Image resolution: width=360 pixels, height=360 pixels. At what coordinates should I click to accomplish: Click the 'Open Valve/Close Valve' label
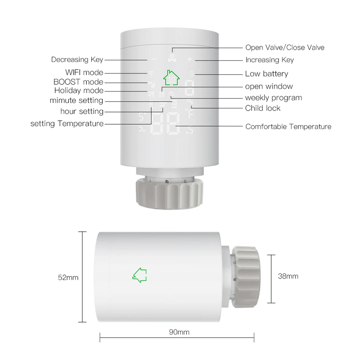tap(284, 47)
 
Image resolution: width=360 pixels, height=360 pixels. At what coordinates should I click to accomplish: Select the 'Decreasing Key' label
tap(77, 59)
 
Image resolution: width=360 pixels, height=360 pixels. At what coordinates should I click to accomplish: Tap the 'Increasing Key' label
tap(269, 60)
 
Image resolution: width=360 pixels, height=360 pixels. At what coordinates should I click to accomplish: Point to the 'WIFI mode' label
tap(84, 72)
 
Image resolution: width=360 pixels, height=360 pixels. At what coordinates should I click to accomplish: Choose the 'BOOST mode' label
tap(78, 82)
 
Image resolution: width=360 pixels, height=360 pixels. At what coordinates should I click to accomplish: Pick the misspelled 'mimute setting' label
tap(76, 101)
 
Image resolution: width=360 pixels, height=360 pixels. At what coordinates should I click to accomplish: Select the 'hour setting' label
tap(82, 111)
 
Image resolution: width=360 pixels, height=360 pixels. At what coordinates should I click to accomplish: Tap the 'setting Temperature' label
tap(67, 123)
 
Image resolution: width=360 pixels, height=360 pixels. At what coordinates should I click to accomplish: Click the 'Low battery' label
tap(266, 74)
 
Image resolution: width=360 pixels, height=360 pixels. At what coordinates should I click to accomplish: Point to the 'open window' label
tap(269, 86)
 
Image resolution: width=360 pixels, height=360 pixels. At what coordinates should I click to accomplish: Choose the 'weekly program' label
tap(273, 98)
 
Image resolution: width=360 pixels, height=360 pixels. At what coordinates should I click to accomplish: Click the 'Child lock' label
tap(263, 108)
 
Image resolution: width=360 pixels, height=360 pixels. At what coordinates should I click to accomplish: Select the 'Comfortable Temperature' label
tap(288, 126)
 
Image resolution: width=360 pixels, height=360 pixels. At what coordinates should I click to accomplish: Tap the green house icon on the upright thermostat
tap(171, 77)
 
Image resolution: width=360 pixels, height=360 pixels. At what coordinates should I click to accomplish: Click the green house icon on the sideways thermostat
tap(140, 274)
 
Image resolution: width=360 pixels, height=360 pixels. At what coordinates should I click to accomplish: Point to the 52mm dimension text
tap(68, 278)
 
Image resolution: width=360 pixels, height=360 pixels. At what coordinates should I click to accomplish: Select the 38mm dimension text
tap(288, 276)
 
